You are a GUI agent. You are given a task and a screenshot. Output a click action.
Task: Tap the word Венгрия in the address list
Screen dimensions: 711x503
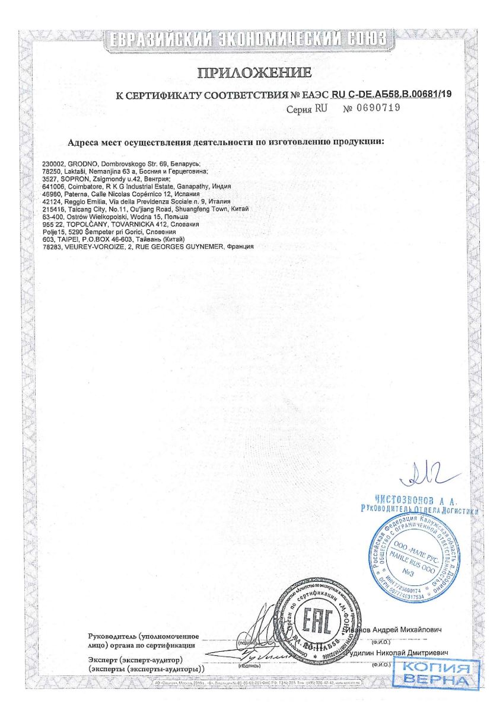158,178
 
